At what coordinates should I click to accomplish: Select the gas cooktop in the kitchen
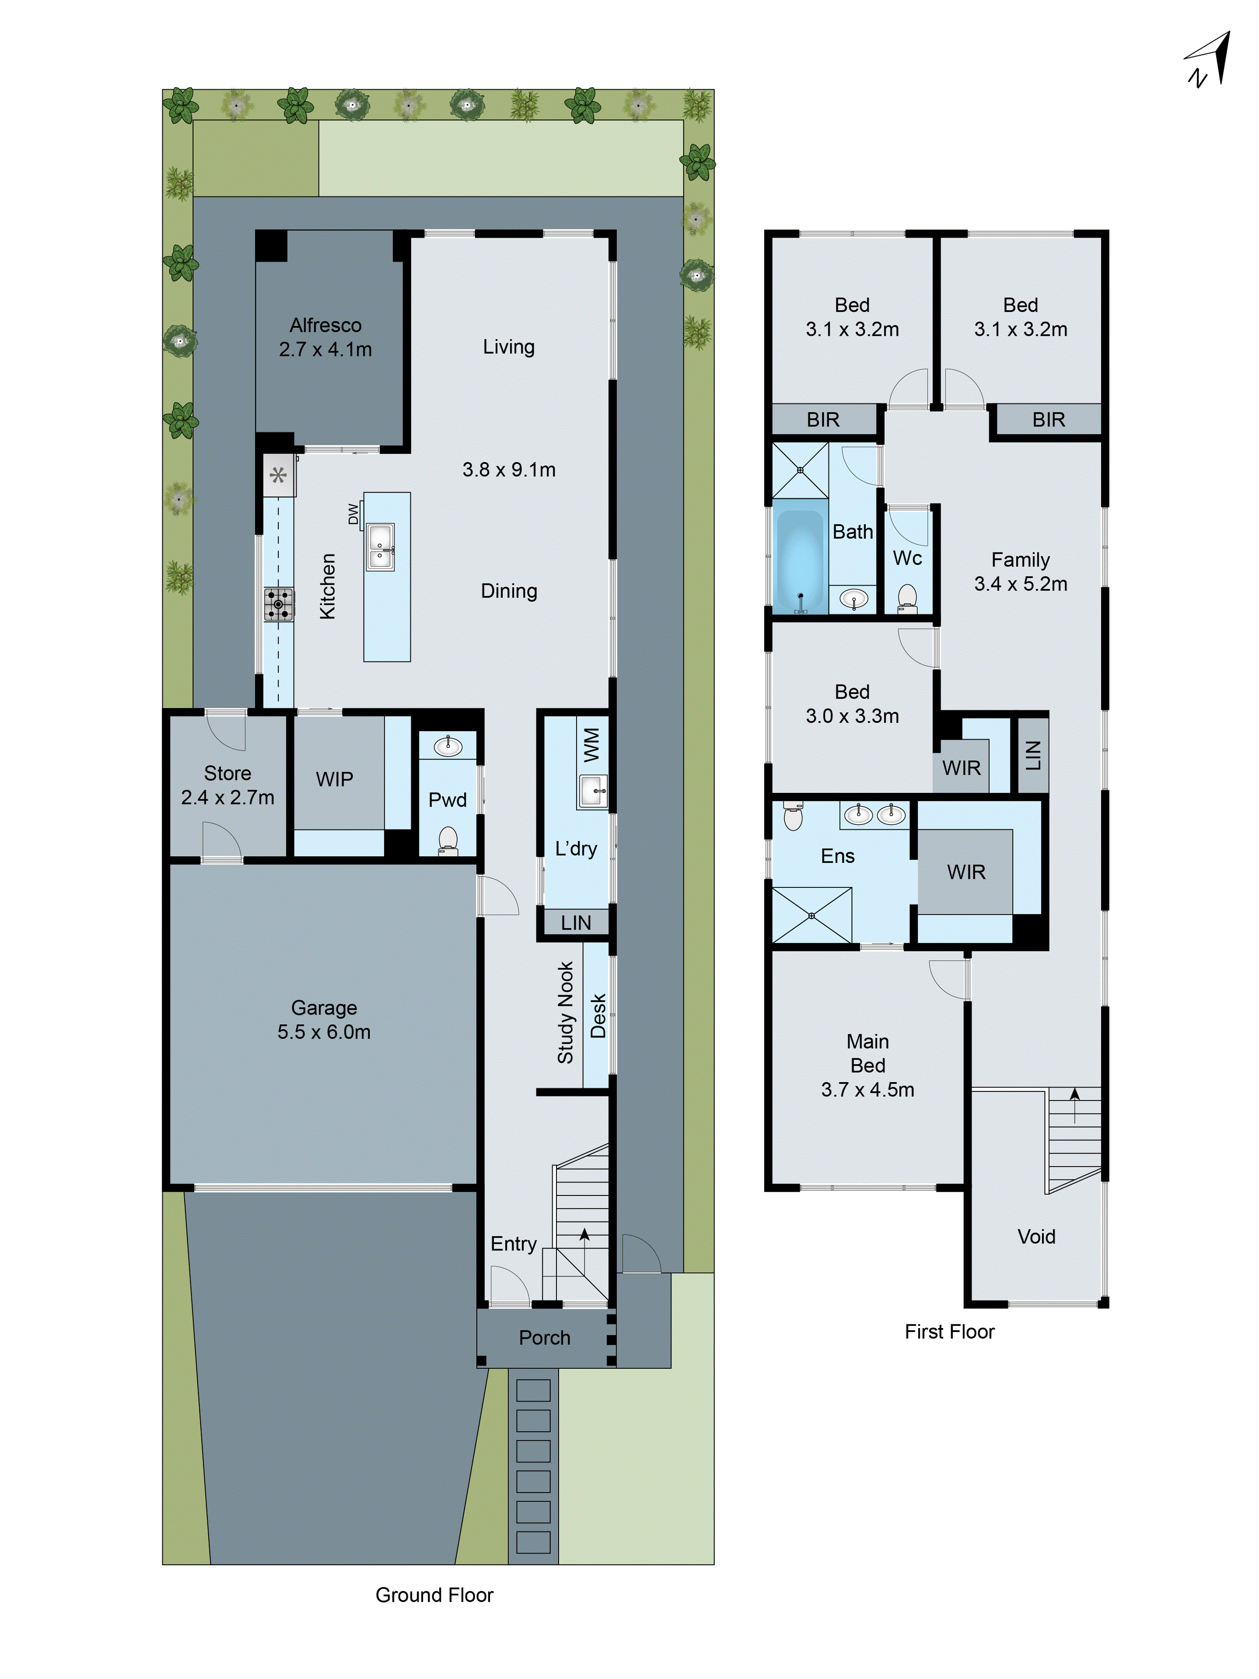pos(279,604)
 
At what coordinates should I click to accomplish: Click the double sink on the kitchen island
pos(380,547)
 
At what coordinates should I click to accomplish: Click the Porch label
pos(544,1337)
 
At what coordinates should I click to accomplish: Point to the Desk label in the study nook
pos(598,1016)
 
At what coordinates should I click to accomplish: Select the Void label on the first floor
pos(1036,1237)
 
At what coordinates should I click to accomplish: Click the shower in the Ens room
pos(811,915)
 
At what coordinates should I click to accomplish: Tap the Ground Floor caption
pos(434,1595)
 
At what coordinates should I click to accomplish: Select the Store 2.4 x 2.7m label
pos(227,785)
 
